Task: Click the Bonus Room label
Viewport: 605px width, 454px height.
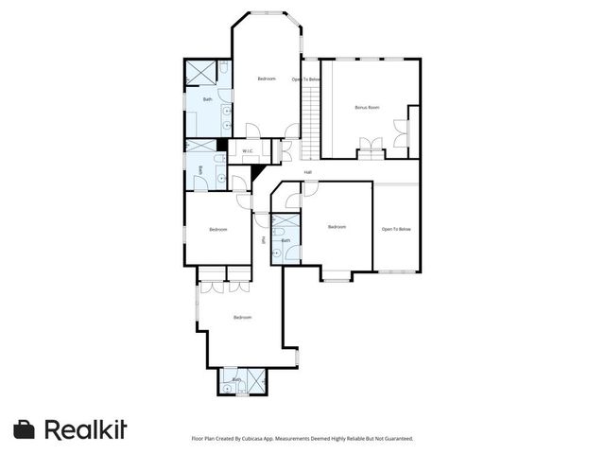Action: click(367, 108)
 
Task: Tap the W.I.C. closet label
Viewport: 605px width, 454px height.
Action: click(247, 151)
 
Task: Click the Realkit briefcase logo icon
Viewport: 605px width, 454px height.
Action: click(25, 429)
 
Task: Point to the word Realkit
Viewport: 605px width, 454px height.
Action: click(85, 429)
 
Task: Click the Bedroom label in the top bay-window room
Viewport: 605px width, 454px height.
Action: click(267, 79)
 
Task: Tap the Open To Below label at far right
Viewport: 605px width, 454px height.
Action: click(396, 229)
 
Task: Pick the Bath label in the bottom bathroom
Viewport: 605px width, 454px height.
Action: click(237, 379)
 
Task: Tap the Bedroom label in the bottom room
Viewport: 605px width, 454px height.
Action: click(242, 317)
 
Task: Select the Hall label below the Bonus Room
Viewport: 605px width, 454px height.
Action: click(308, 172)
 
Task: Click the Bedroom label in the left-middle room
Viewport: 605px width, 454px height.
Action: click(218, 229)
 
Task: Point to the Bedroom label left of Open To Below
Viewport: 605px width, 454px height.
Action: click(337, 227)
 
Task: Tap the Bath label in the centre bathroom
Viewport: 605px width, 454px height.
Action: click(286, 240)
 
